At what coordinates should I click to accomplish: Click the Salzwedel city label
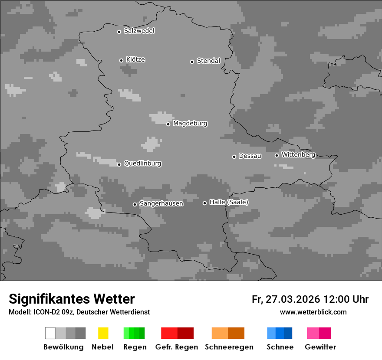tap(139, 31)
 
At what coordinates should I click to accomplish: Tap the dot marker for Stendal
tap(192, 62)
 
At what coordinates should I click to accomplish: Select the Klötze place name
tap(135, 59)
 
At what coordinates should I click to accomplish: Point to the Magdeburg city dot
tap(168, 124)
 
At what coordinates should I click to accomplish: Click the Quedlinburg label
tap(142, 164)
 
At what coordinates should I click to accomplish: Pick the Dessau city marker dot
tap(234, 157)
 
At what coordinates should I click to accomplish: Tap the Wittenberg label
tap(298, 154)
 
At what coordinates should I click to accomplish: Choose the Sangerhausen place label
tap(161, 203)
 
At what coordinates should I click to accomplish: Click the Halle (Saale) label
tap(229, 202)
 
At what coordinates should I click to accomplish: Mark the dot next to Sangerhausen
tap(135, 204)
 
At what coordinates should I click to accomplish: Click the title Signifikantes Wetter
tap(72, 299)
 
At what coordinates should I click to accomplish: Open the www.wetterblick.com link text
tap(313, 312)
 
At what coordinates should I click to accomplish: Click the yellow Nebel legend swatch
tap(103, 333)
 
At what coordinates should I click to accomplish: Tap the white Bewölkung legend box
tap(50, 333)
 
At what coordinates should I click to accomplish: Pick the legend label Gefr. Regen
tap(177, 347)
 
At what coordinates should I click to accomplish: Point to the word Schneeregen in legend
tap(229, 347)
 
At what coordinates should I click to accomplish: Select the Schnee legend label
tap(280, 347)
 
